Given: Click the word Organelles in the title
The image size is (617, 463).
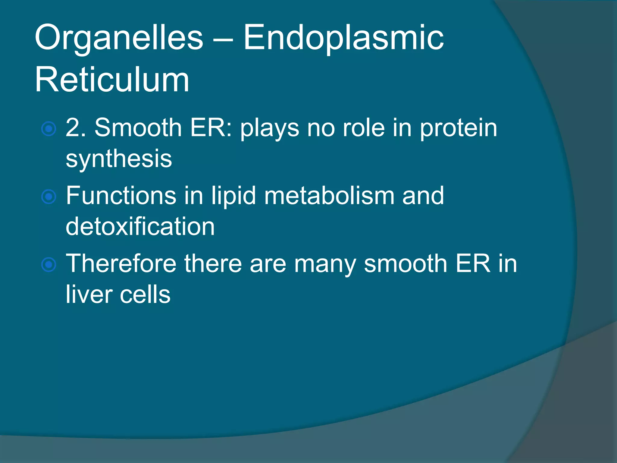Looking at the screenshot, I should [x=119, y=39].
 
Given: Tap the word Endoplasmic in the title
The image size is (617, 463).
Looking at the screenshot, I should [x=343, y=39].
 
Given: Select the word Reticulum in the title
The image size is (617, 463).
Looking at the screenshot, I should [x=112, y=80].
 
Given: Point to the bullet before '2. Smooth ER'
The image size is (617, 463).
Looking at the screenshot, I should [x=49, y=129].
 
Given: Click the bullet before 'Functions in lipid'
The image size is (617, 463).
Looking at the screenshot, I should [x=49, y=197].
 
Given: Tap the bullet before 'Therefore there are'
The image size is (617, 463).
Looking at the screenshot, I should [x=49, y=265].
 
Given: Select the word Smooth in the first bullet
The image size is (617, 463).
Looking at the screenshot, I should [x=138, y=128].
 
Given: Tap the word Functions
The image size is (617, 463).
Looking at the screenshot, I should [x=121, y=196].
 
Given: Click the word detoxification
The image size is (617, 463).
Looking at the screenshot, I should [x=140, y=226].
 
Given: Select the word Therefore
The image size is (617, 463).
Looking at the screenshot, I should [x=121, y=263].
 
